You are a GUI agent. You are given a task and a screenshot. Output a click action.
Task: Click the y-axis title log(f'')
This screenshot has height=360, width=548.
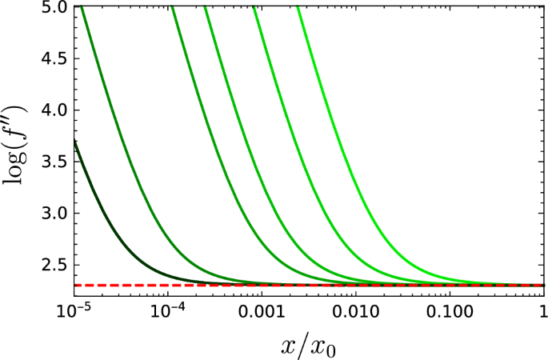coord(18,145)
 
